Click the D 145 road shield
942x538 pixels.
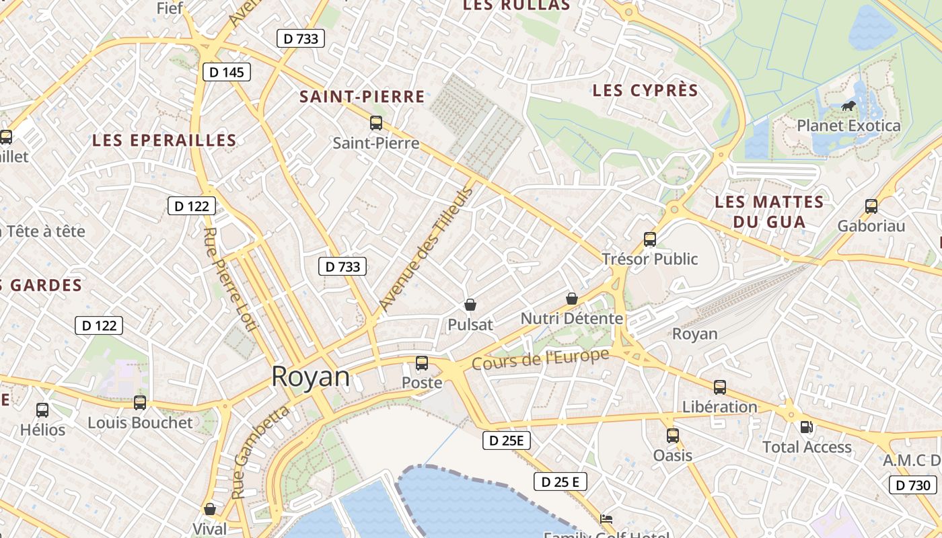click(226, 72)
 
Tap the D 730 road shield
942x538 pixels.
click(913, 485)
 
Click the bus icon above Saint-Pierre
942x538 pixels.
click(376, 123)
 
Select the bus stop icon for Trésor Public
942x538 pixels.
click(650, 239)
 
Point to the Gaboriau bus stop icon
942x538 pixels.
click(871, 206)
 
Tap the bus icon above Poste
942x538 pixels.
click(422, 363)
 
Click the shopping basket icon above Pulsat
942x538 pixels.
click(470, 305)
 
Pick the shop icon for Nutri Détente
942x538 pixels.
click(572, 299)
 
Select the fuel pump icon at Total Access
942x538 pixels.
click(806, 427)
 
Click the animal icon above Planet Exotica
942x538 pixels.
click(848, 106)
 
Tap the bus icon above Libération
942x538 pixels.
click(720, 387)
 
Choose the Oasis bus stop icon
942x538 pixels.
click(673, 436)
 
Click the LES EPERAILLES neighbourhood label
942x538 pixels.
click(164, 141)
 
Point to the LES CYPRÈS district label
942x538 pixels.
click(645, 90)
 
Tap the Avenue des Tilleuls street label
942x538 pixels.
click(427, 249)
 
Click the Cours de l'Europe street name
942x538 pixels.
click(541, 359)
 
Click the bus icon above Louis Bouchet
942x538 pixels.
click(140, 403)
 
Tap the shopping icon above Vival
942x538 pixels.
click(210, 509)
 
